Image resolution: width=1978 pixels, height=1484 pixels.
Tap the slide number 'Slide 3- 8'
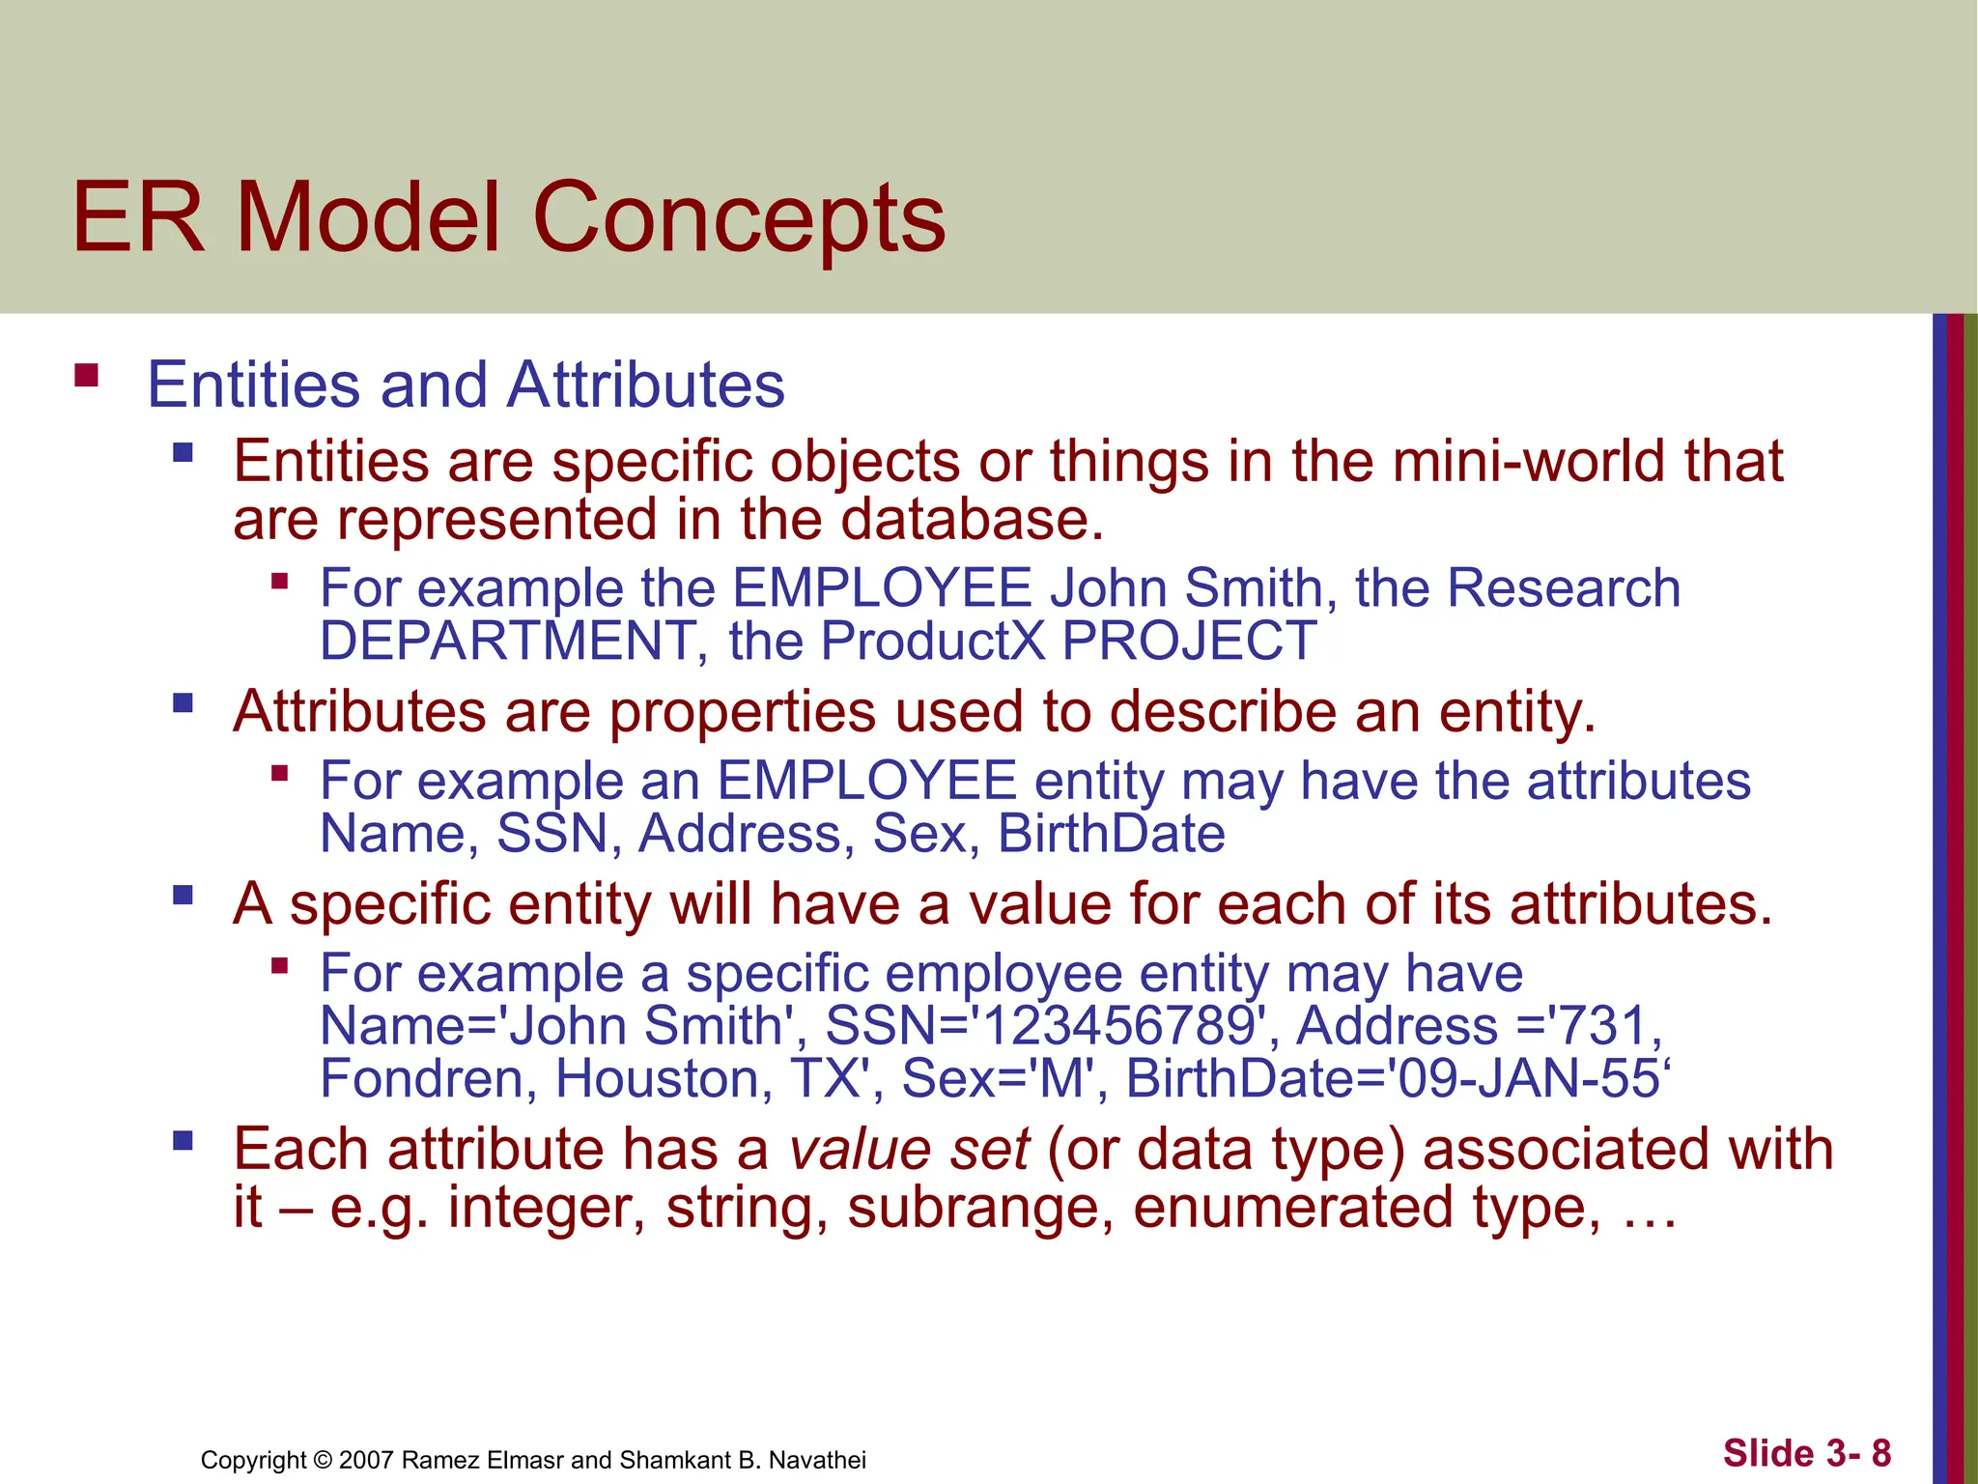1806,1453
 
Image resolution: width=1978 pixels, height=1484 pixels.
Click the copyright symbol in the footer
323,1460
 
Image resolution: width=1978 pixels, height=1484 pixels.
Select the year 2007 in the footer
366,1460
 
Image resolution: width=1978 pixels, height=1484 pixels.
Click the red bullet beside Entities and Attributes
87,375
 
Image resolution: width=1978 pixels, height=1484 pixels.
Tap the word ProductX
933,641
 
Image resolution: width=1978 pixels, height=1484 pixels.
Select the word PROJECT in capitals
1189,641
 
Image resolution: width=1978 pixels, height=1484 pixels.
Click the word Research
1564,587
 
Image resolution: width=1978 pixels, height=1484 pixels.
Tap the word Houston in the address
664,1078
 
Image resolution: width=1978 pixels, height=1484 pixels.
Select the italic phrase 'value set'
909,1150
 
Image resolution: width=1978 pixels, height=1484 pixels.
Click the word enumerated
1292,1208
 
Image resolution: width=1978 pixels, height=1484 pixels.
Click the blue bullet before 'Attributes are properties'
183,702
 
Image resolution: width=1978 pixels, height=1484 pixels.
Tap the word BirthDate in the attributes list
1111,833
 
